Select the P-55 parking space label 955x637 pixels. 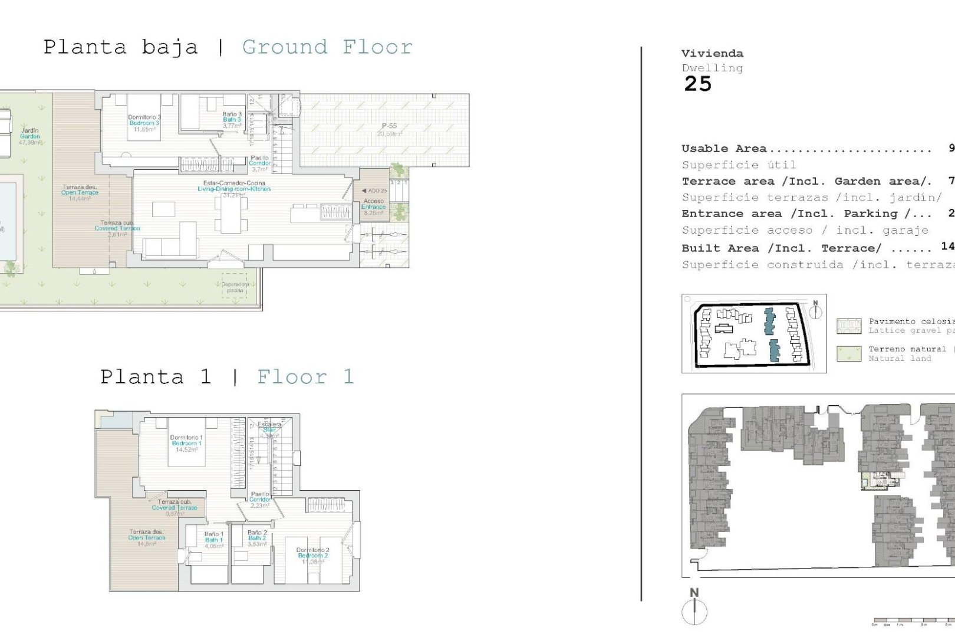[x=388, y=129]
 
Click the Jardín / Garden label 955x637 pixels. [x=29, y=136]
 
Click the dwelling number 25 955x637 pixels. [x=698, y=84]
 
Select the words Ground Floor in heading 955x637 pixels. [x=327, y=47]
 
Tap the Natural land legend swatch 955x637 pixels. [x=849, y=353]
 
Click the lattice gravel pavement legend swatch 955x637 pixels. [x=849, y=326]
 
